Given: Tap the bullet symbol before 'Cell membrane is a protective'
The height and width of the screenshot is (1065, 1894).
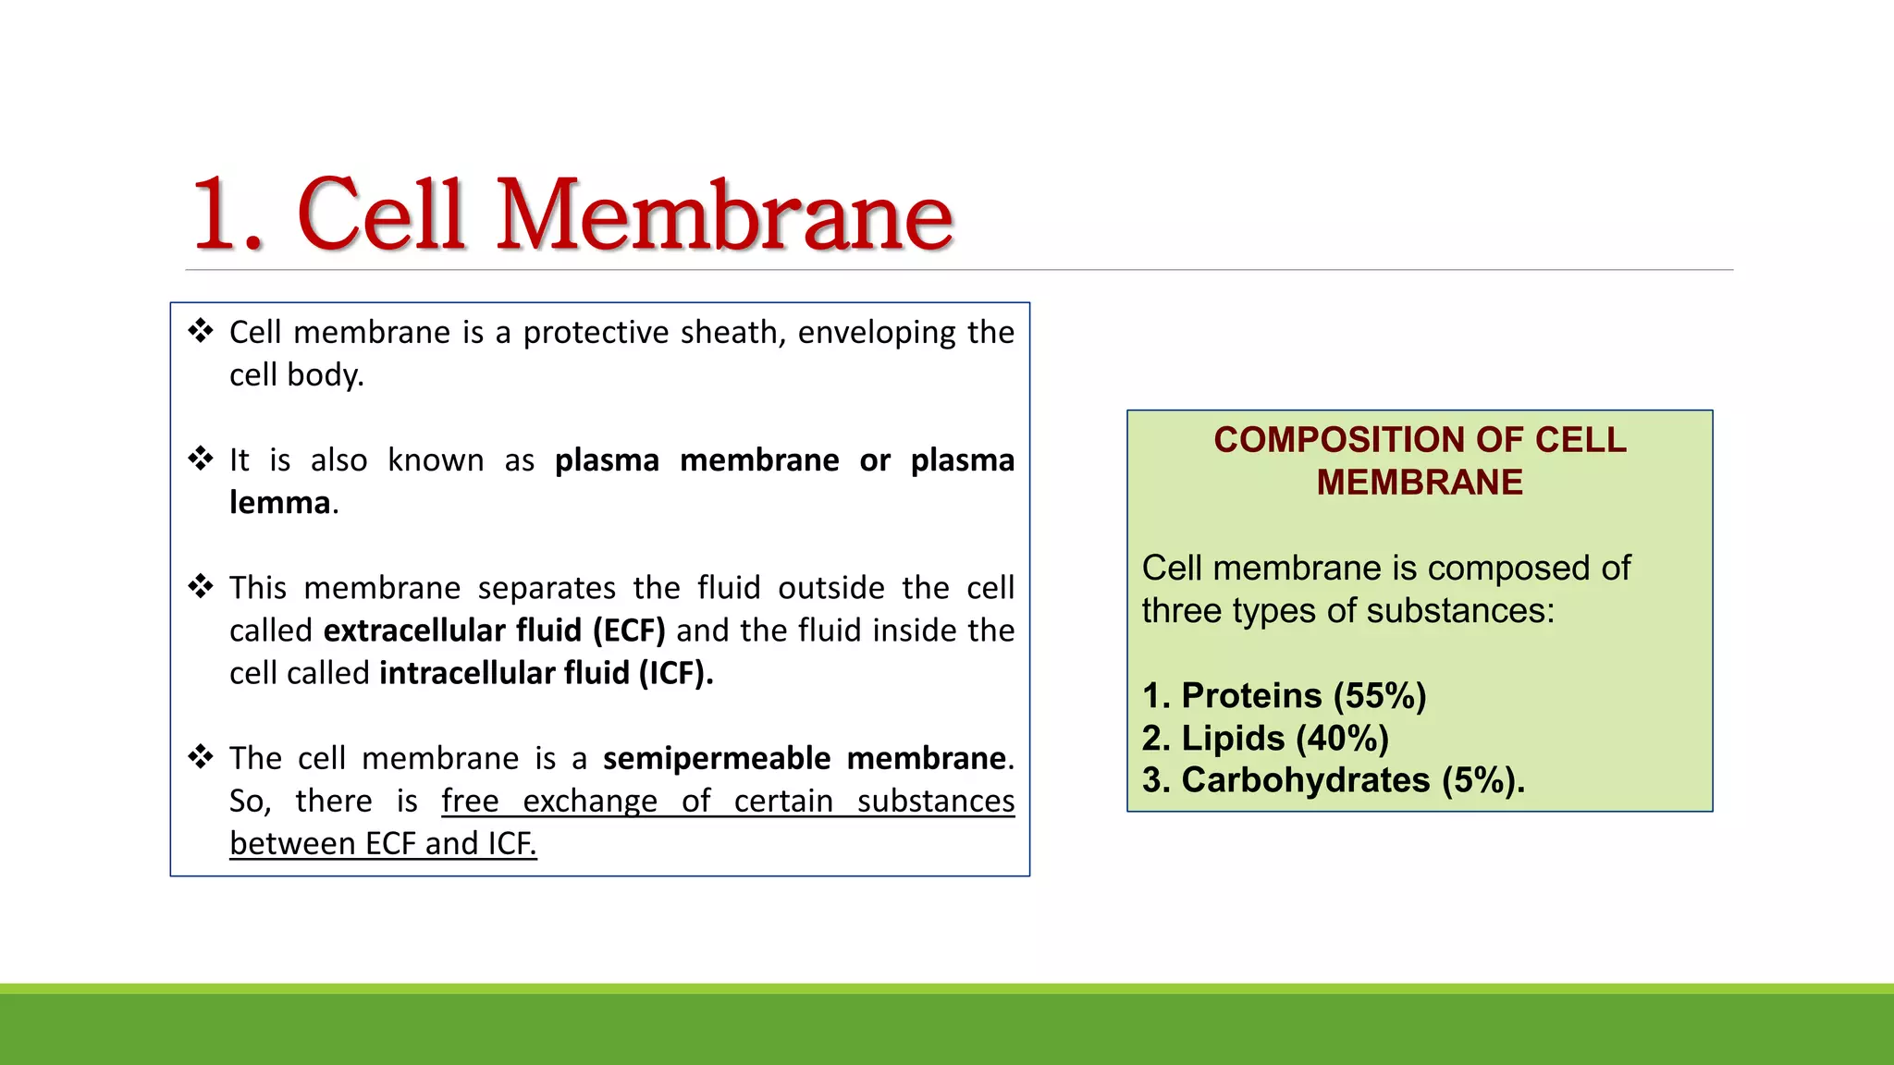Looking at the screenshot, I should [201, 331].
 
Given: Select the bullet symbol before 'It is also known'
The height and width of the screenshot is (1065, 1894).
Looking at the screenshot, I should [201, 459].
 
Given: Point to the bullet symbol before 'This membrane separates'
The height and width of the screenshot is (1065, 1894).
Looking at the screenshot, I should [201, 586].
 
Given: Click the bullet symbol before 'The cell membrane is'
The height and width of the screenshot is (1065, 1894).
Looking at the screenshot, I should [201, 757].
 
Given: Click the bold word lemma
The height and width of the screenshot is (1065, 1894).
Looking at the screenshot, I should [280, 503].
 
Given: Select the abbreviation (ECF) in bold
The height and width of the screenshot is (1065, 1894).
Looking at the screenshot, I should [629, 630].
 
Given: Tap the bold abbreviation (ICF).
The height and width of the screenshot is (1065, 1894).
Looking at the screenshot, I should [676, 673].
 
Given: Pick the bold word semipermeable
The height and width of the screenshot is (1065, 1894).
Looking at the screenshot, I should [717, 759].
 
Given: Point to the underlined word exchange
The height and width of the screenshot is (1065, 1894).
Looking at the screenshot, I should [590, 802].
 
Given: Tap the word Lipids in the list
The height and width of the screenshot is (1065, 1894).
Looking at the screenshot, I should [1233, 739].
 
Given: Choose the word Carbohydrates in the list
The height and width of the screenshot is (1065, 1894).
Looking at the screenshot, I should [1305, 781].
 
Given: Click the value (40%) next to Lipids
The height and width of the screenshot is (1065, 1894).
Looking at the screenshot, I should [1343, 739].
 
